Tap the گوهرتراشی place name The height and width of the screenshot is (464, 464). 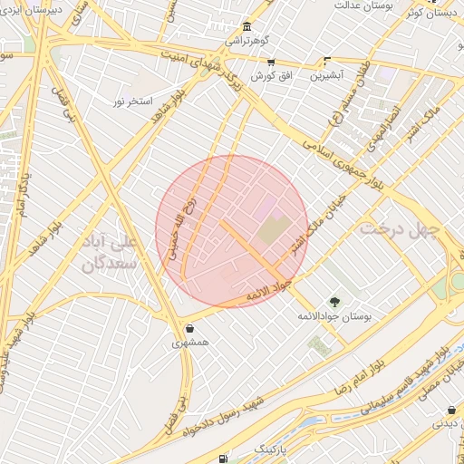click(247, 42)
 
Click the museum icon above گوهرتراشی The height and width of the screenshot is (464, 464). click(247, 27)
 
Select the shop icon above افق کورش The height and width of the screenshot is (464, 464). click(270, 62)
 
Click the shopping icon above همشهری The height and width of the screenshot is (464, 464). click(189, 328)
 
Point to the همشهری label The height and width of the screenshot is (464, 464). click(189, 344)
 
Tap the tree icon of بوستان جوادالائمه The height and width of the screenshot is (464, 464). click(335, 302)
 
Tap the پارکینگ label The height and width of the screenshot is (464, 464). click(272, 449)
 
